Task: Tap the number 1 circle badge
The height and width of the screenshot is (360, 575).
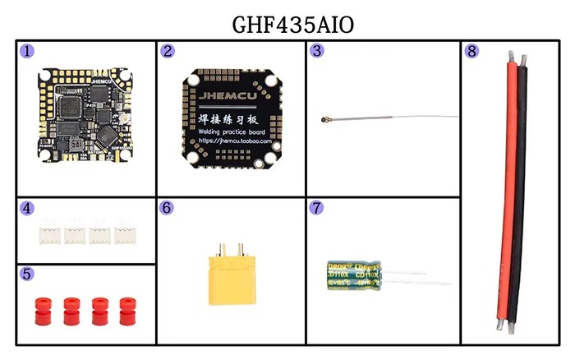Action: point(28,51)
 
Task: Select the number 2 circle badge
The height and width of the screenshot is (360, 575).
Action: point(168,51)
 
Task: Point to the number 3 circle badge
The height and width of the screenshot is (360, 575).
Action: point(317,51)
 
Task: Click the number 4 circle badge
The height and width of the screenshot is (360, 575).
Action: point(28,209)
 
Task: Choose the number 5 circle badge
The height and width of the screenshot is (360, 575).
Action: point(28,274)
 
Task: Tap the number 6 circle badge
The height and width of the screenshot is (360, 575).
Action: point(168,209)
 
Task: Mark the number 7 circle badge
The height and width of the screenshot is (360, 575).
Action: point(317,209)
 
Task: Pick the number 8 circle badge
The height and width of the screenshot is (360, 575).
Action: point(471,51)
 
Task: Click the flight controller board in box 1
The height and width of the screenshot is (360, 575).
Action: point(86,115)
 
